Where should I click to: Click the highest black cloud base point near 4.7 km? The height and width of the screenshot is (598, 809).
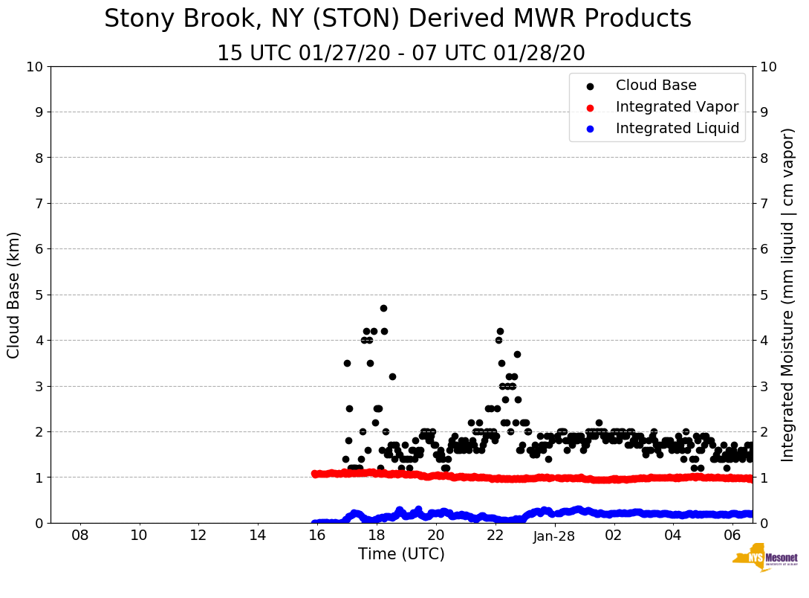383,308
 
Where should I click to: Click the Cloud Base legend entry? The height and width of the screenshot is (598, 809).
656,86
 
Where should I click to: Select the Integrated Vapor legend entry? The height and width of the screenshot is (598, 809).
677,107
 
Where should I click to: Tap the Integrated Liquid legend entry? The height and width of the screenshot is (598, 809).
677,129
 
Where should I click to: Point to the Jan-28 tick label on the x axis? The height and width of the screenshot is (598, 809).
554,536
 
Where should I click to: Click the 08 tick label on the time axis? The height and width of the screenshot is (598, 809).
79,536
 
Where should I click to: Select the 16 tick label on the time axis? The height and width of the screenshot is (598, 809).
317,536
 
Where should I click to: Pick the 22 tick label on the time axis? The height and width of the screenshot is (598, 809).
495,536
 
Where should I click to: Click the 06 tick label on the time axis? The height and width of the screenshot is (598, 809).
732,536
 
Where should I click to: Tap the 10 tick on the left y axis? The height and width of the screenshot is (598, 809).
35,67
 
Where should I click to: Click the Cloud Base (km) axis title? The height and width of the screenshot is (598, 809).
14,295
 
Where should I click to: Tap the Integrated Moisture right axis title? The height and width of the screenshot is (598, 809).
788,295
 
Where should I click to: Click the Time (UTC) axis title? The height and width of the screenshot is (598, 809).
401,554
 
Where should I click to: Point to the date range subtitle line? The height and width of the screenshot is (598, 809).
401,54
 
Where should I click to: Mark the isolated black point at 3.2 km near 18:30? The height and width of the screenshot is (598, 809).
392,376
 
